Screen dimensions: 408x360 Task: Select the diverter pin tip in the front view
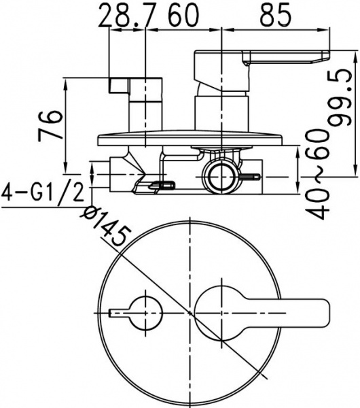[x=114, y=313]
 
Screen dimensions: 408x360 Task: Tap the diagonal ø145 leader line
[x=170, y=299]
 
